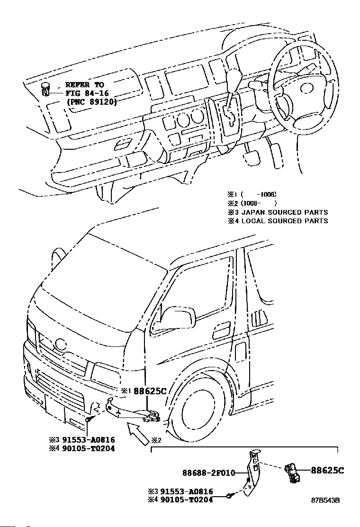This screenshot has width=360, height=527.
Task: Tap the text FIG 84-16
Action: tap(87, 93)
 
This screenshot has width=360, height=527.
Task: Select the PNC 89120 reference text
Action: tap(91, 102)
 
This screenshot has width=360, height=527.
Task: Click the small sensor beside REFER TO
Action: tap(45, 88)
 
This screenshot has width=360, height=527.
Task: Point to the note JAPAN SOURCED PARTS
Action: tap(284, 212)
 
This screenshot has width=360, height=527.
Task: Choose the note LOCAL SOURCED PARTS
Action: tap(284, 221)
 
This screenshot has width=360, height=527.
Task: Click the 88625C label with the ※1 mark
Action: tap(150, 391)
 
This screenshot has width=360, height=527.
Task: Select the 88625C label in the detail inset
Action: tap(327, 470)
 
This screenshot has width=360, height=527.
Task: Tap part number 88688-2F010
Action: tap(208, 472)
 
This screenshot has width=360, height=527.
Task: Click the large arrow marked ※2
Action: tap(138, 434)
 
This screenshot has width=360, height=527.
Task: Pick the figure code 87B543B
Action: tap(325, 500)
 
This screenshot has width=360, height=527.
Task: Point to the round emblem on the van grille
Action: tap(61, 344)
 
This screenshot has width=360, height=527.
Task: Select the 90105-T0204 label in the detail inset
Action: tap(186, 500)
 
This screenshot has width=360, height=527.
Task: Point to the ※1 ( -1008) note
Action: tap(252, 194)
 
